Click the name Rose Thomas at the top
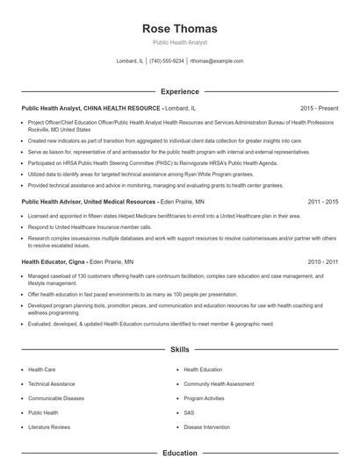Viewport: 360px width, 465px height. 179,29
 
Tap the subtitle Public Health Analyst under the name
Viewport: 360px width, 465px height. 179,43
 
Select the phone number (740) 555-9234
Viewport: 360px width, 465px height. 167,61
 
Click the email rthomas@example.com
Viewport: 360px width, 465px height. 216,61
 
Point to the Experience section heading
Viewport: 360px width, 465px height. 179,90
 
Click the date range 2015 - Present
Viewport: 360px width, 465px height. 318,108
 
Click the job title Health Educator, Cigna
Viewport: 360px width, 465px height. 52,262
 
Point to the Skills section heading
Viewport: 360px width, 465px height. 179,349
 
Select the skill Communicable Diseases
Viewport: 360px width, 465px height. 55,398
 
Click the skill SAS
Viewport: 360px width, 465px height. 188,412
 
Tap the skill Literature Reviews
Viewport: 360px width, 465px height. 48,426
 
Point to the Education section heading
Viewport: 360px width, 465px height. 179,454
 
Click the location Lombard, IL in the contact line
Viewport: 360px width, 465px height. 129,61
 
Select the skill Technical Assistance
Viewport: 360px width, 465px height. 51,384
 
